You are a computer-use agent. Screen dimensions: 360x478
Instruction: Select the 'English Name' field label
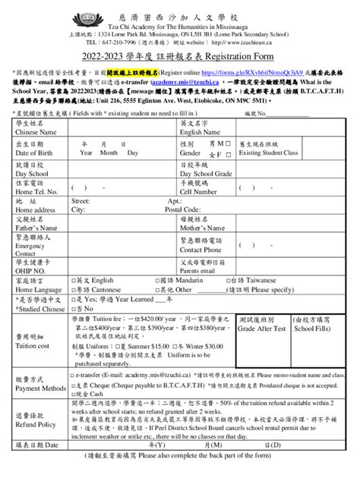[x=201, y=133]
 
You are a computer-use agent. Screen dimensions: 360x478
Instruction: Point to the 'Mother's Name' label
[x=204, y=228]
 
